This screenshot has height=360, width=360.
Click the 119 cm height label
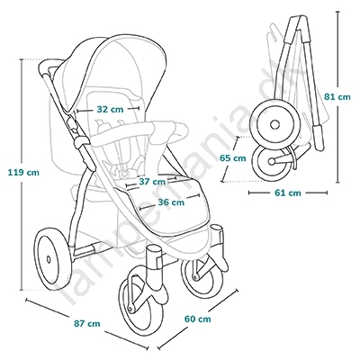(23, 173)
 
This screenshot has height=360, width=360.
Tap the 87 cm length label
(87, 324)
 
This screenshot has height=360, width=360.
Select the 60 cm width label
(197, 319)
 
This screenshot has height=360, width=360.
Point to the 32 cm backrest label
(110, 110)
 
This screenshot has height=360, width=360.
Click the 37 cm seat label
(152, 182)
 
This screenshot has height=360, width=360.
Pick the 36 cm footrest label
(171, 202)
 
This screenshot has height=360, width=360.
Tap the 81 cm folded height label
(337, 97)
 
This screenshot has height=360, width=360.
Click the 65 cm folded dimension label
(232, 158)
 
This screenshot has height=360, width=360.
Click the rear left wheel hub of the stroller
(49, 259)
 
